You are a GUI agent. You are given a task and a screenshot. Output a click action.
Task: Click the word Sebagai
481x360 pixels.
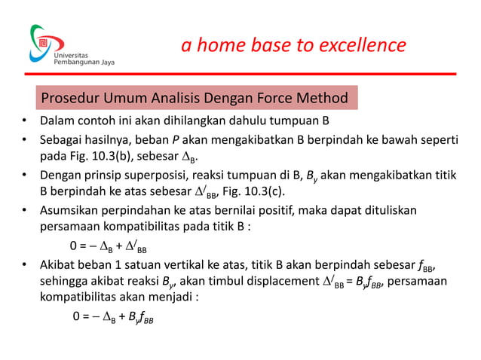(x=63, y=141)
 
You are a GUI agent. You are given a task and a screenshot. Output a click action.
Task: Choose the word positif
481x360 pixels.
(x=290, y=211)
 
